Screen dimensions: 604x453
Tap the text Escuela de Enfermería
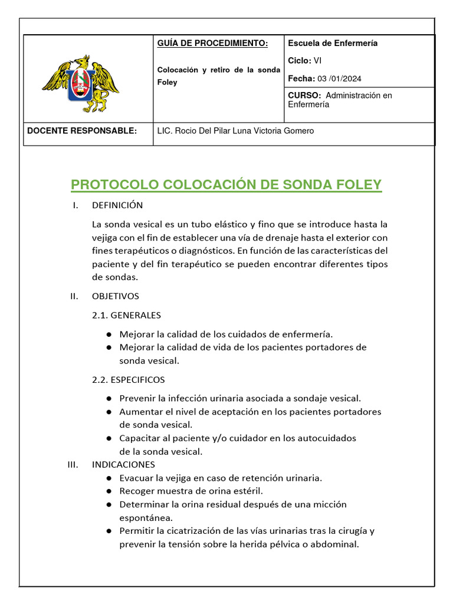(x=333, y=43)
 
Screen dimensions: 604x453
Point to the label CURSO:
(x=304, y=95)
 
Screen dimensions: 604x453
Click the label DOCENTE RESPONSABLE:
(x=82, y=131)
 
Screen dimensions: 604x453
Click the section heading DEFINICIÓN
(x=117, y=205)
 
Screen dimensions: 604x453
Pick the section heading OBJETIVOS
(x=116, y=296)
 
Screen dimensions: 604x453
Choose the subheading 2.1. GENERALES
(x=126, y=315)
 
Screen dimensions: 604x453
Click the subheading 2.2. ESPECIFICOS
(x=129, y=379)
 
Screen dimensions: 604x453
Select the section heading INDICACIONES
(x=123, y=464)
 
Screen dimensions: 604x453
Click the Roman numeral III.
(x=73, y=464)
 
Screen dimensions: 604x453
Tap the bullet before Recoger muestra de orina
(x=109, y=491)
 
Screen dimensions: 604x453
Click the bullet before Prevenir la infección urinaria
(x=109, y=399)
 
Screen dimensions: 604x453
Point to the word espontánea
(x=146, y=517)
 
